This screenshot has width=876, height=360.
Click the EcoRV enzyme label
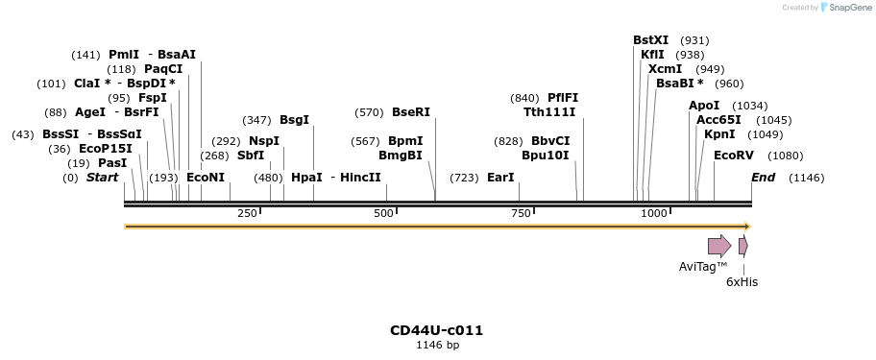[x=733, y=156]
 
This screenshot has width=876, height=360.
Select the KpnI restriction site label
[x=719, y=134]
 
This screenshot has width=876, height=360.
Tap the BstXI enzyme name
[x=650, y=40]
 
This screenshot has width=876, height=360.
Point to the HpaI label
[x=306, y=178]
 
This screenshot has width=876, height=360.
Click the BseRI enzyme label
[x=411, y=112]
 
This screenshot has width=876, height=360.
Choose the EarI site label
[x=500, y=178]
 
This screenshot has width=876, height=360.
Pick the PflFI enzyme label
[x=563, y=98]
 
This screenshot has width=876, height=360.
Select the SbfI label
[x=251, y=156]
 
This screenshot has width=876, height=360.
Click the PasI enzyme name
[x=112, y=163]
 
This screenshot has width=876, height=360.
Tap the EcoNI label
[x=206, y=178]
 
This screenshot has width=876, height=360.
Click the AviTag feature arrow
[x=719, y=246]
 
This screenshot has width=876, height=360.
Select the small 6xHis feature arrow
[x=742, y=246]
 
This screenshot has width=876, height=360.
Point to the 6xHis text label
[x=742, y=282]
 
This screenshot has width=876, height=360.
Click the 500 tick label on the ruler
[x=383, y=213]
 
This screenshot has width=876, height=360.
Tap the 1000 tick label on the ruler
[x=654, y=213]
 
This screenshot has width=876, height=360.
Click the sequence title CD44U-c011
[x=436, y=330]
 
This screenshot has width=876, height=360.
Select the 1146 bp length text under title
[x=437, y=345]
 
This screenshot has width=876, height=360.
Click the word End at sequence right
[x=763, y=178]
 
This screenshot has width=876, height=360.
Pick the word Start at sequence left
[x=102, y=178]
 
